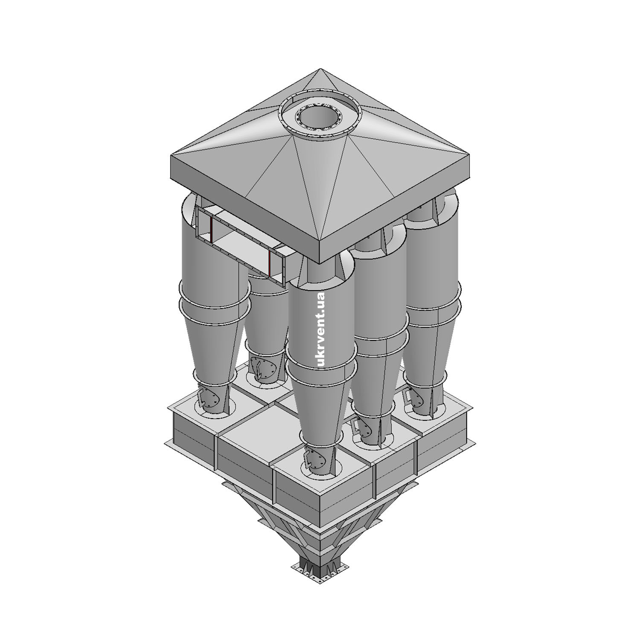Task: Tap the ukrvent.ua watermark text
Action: pyautogui.click(x=321, y=329)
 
